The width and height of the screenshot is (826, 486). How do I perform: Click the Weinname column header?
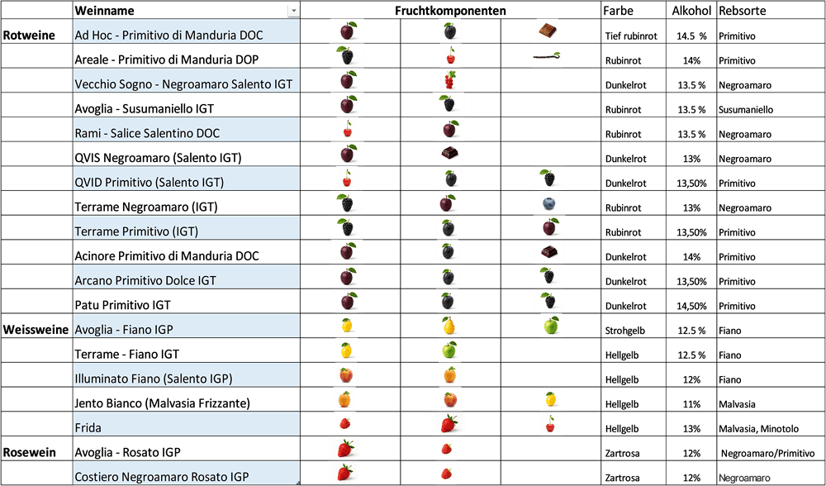[104, 11]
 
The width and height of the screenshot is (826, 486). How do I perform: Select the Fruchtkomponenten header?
[450, 11]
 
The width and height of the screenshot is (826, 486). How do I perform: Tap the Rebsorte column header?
[743, 11]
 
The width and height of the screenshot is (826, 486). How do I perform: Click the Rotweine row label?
[30, 36]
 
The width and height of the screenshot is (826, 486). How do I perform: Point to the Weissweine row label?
[36, 330]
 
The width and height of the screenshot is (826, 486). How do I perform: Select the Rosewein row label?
[30, 453]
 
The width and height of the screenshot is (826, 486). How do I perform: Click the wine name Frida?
[88, 428]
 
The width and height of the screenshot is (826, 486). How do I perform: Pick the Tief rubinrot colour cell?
[631, 36]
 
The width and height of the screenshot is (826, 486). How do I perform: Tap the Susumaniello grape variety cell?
[746, 110]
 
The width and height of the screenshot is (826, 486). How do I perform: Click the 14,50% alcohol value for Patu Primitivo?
[691, 307]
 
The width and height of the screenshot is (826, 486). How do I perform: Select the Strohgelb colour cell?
[624, 331]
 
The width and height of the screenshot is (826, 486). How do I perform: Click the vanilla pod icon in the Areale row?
[547, 56]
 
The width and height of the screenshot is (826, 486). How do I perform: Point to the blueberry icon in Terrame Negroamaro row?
[550, 204]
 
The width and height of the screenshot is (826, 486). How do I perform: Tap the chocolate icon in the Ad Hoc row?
[548, 31]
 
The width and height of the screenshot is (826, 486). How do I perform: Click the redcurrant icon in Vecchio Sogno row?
[449, 80]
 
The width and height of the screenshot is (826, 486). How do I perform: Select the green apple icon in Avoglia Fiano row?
[552, 325]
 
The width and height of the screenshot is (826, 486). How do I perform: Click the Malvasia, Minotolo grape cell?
[758, 429]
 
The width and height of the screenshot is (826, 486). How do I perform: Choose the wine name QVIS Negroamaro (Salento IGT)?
[158, 158]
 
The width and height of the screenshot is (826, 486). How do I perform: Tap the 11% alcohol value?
[691, 404]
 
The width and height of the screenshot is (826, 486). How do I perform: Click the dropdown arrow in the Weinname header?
[293, 11]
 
